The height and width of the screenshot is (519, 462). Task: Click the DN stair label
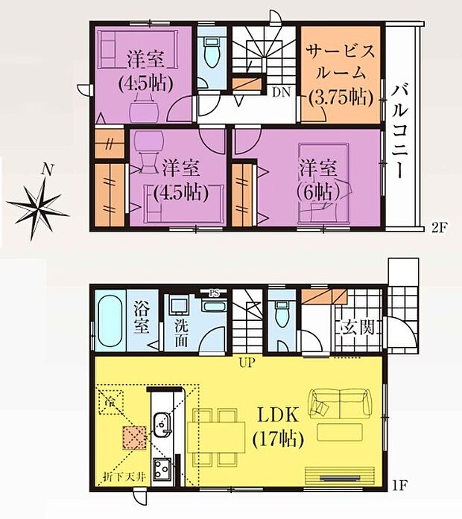(281, 93)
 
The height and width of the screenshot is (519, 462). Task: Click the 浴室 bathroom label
(142, 318)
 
